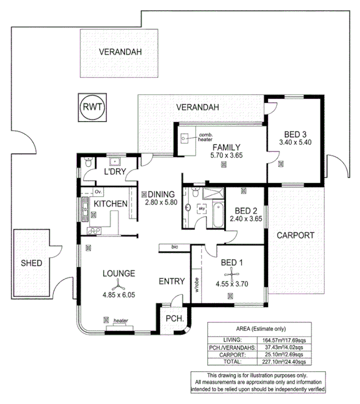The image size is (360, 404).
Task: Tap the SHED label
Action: tap(31, 263)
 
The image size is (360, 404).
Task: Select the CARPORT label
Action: tap(295, 235)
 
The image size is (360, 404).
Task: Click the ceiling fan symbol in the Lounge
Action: tap(118, 284)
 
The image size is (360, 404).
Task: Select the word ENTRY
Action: tap(171, 281)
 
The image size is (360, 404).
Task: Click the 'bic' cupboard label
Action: tap(174, 247)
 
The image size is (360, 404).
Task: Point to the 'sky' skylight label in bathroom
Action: tap(202, 207)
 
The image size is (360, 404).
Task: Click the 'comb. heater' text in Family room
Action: tap(205, 137)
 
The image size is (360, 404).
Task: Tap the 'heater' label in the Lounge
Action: tap(120, 320)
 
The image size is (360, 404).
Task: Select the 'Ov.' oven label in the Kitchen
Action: tap(98, 192)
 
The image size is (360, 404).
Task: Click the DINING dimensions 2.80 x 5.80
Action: tap(159, 202)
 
